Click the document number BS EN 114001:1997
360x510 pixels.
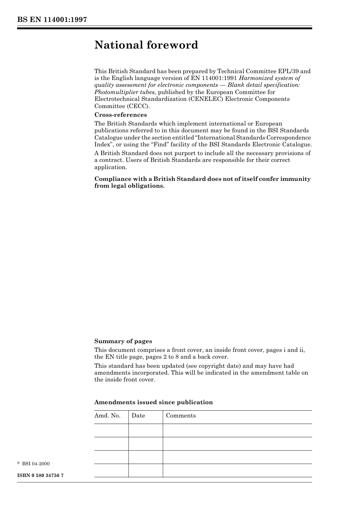pos(52,20)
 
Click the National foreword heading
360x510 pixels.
pos(146,45)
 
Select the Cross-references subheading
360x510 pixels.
pos(121,115)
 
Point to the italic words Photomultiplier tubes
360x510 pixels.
pos(125,92)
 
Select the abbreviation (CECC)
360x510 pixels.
pos(136,106)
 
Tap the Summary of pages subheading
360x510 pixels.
pos(123,341)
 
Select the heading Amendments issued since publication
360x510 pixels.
pos(153,402)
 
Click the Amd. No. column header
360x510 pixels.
pos(107,416)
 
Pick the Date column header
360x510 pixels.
pos(138,416)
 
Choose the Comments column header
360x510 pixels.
pos(181,416)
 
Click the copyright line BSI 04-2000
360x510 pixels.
pos(35,464)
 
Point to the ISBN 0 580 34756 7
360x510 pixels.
pos(41,475)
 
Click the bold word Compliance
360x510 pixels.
pos(111,179)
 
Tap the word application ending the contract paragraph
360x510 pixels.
pos(110,167)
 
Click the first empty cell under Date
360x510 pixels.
pos(146,430)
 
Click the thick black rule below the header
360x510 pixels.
pos(164,28)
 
